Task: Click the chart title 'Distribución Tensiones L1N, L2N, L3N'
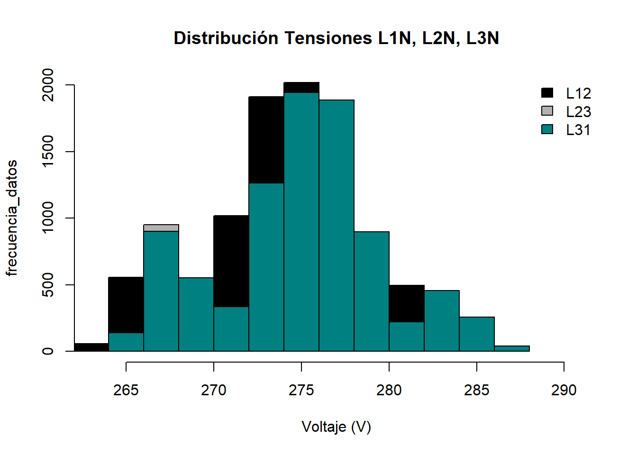[x=336, y=38]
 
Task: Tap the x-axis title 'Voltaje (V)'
[x=336, y=427]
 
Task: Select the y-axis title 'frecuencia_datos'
[x=12, y=218]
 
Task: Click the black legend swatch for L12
[x=547, y=93]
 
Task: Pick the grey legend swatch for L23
[x=547, y=111]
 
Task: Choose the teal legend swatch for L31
[x=547, y=129]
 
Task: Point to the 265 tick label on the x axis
[x=126, y=391]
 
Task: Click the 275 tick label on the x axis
[x=301, y=391]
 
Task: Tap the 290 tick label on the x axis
[x=564, y=391]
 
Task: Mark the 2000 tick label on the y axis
[x=48, y=85]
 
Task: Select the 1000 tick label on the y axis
[x=48, y=218]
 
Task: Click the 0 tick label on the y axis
[x=48, y=351]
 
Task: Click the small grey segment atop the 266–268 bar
[x=161, y=228]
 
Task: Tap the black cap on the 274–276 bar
[x=301, y=88]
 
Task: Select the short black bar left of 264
[x=91, y=347]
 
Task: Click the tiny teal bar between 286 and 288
[x=512, y=349]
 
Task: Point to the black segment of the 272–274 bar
[x=266, y=140]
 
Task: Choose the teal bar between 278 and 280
[x=372, y=291]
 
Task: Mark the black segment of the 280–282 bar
[x=407, y=304]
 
